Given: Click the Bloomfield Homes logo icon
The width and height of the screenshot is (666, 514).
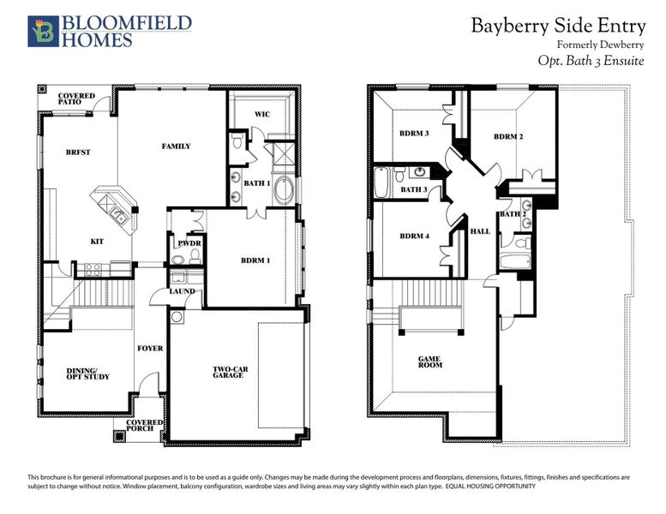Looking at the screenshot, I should [41, 30].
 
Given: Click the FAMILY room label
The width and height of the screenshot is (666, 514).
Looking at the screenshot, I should [176, 146].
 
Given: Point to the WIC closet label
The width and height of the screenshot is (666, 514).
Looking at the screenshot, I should [262, 114].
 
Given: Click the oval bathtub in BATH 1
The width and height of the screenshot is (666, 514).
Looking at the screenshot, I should [283, 191].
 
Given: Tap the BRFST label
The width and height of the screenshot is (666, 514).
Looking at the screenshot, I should [78, 152].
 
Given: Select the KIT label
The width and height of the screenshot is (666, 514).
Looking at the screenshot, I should [97, 242].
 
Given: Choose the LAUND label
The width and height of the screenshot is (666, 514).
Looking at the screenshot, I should [183, 291].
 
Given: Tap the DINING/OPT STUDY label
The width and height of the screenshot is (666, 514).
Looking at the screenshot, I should [87, 374].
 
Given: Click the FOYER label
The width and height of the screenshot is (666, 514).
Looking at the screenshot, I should [149, 349].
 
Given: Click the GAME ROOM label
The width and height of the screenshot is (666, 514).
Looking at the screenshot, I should [429, 362].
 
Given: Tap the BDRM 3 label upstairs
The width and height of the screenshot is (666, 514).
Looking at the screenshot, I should [414, 134].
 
